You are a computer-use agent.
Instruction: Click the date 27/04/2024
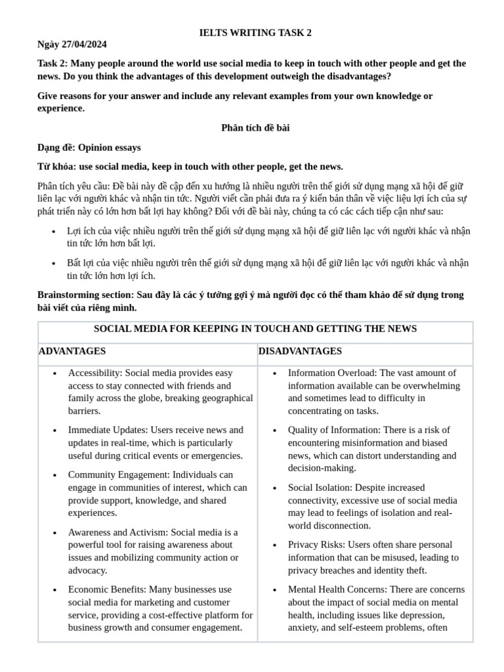point(85,45)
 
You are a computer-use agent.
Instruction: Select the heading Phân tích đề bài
point(255,128)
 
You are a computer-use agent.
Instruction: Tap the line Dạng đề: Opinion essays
point(89,148)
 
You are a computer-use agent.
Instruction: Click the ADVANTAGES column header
point(72,352)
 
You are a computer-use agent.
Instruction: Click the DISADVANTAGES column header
point(300,352)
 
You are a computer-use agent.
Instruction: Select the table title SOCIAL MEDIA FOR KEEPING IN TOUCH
point(255,329)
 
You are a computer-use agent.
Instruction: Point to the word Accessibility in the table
point(94,373)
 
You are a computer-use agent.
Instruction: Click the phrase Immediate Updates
point(107,430)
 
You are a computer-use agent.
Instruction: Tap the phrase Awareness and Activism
point(116,532)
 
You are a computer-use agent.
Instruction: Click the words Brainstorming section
point(85,295)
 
